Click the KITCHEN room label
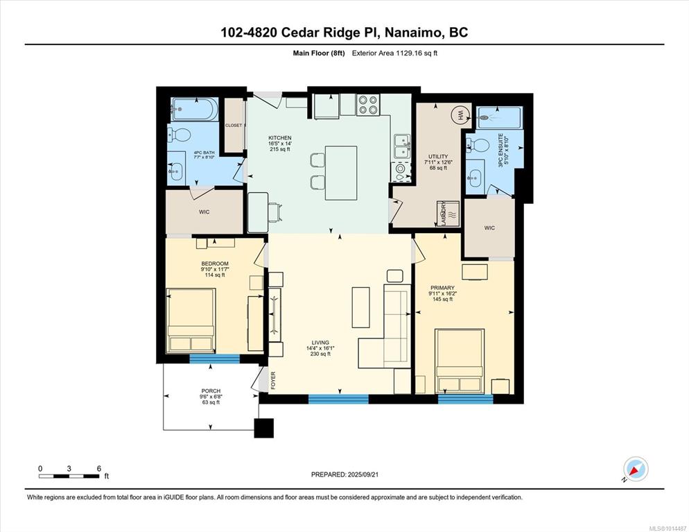point(280,138)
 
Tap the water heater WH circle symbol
point(460,115)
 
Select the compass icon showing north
point(636,470)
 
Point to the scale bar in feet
point(70,476)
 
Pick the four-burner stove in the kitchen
point(368,105)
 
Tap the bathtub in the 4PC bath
point(194,109)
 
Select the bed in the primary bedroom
point(460,361)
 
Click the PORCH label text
point(211,391)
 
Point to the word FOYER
point(273,381)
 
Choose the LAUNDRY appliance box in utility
point(448,214)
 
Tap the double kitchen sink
point(402,146)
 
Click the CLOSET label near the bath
point(234,126)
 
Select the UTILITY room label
point(438,157)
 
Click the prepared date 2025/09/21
point(363,474)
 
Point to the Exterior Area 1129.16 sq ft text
point(394,53)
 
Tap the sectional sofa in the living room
point(385,326)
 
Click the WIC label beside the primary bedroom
point(489,228)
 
